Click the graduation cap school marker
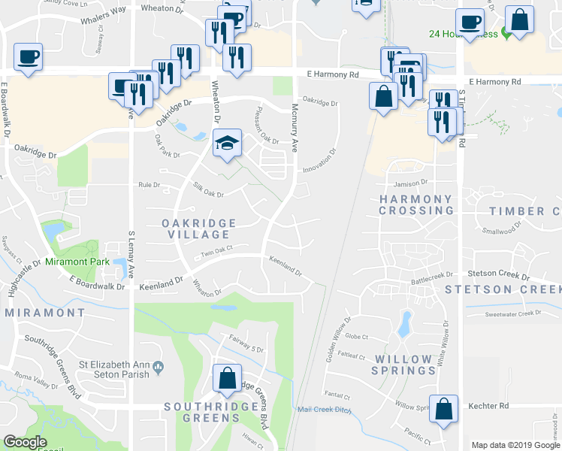(x=225, y=143)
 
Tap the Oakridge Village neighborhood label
(x=199, y=229)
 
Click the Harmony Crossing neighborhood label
(x=415, y=205)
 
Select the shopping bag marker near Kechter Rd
(x=443, y=410)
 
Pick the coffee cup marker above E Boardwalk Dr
(x=28, y=56)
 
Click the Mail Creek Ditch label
(x=325, y=410)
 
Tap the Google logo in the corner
(x=26, y=443)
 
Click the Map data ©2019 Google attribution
(x=515, y=445)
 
